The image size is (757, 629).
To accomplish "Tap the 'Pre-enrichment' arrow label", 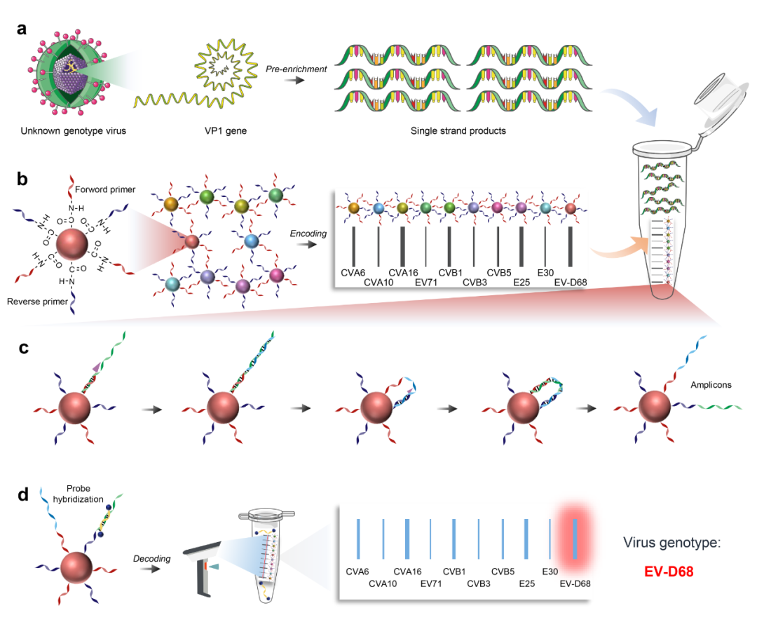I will click(x=296, y=68).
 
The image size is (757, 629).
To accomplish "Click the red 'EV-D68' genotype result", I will click(x=669, y=571).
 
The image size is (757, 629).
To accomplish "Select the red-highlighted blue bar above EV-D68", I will click(x=575, y=537).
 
